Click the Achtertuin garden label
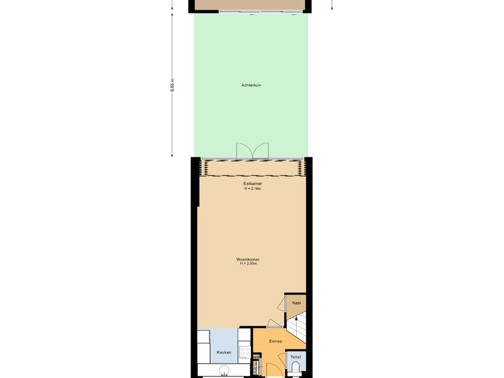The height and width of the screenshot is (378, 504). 251,85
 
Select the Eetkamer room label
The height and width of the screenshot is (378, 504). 252,184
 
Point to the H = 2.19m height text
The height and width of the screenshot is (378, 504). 252,189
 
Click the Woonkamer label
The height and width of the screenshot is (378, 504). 248,259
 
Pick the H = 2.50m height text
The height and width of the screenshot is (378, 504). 248,264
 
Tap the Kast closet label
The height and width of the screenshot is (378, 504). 296,303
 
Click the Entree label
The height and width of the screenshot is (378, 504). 276,341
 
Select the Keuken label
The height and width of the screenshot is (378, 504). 224,352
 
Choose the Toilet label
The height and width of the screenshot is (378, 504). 296,357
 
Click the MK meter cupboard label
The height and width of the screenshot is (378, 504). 256,357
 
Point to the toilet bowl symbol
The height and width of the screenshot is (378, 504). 296,368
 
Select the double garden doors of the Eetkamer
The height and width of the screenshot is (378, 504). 252,151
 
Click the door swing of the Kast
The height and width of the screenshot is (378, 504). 281,304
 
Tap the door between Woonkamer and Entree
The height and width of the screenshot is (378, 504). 274,323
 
